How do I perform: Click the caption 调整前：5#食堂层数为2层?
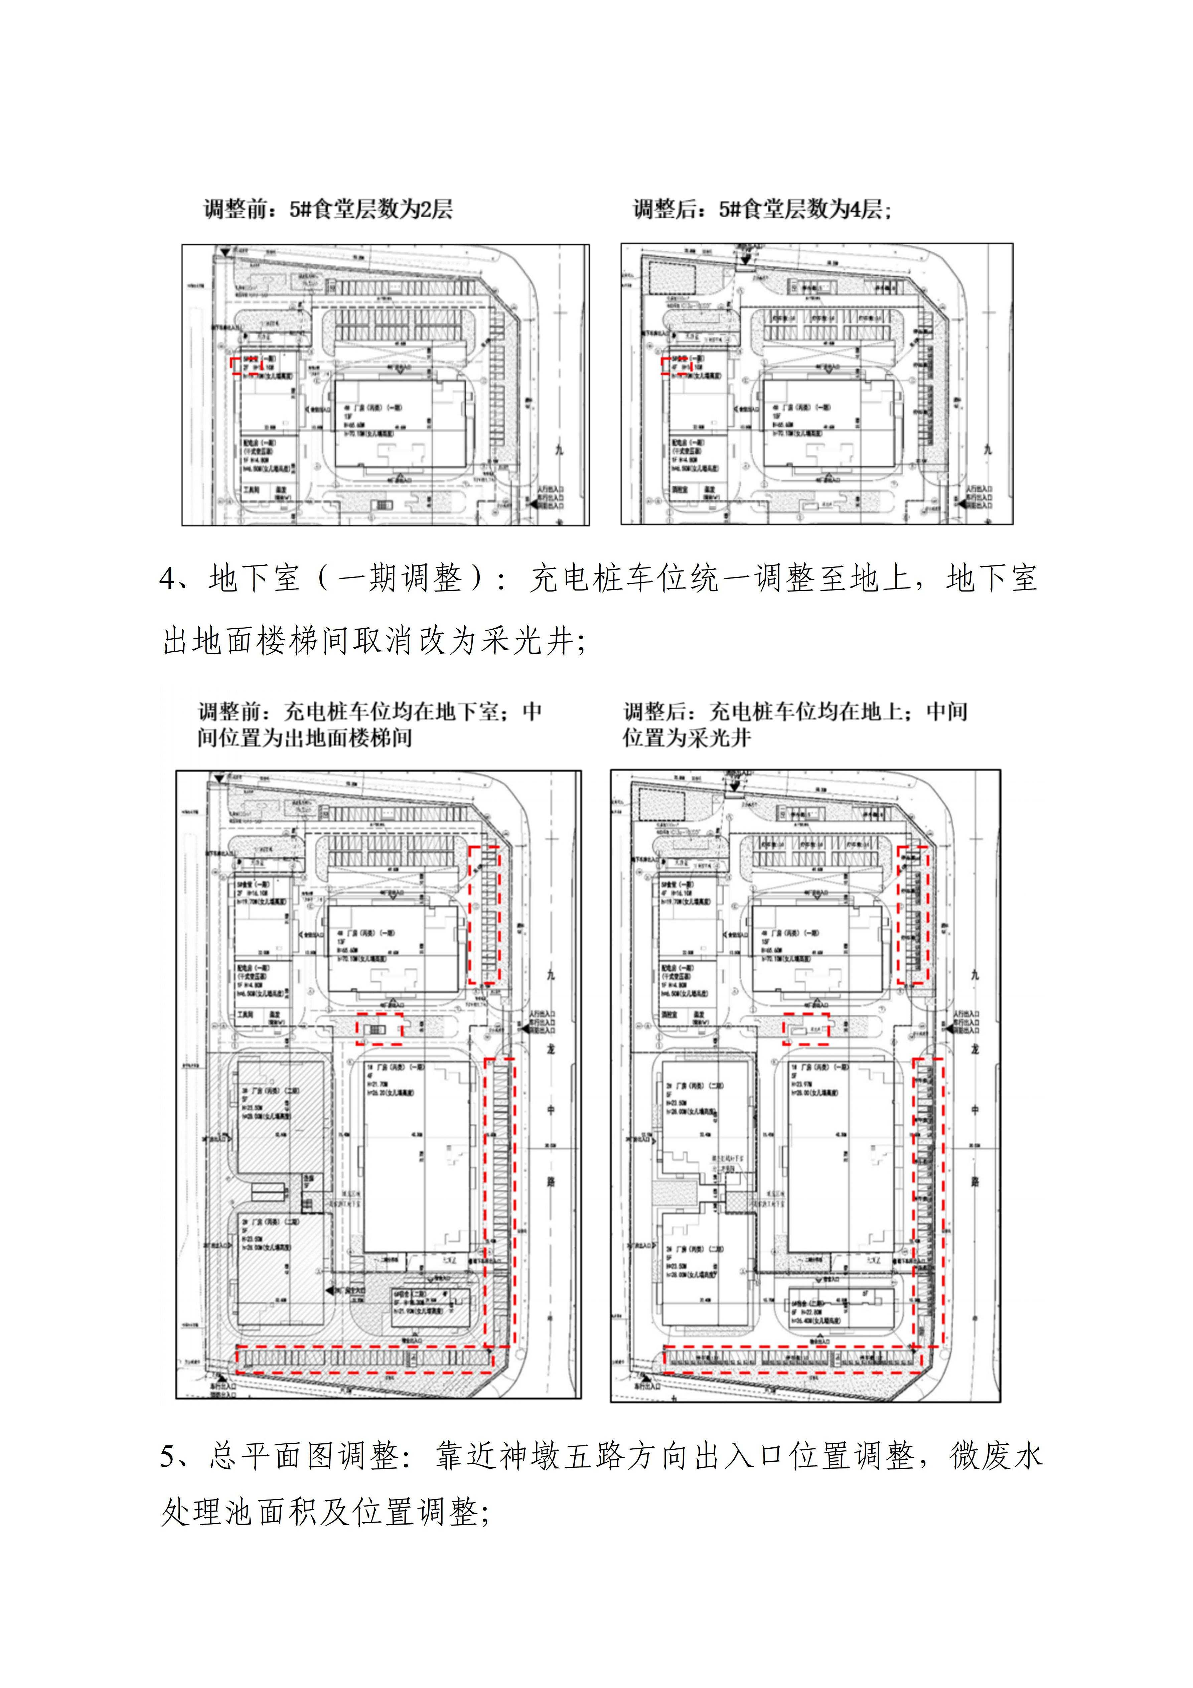click(x=328, y=210)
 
